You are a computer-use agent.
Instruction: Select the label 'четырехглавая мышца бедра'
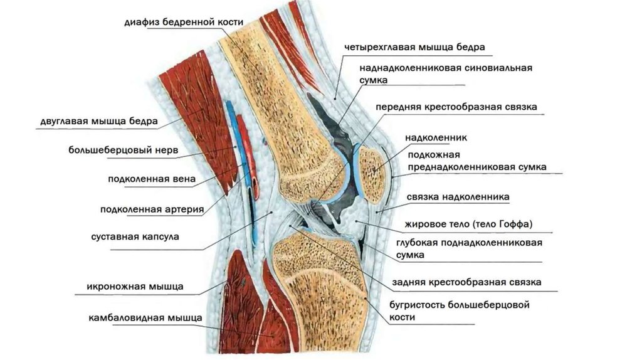pos(414,47)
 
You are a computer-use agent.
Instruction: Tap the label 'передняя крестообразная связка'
pos(456,107)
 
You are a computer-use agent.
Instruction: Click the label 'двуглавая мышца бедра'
pos(95,121)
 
